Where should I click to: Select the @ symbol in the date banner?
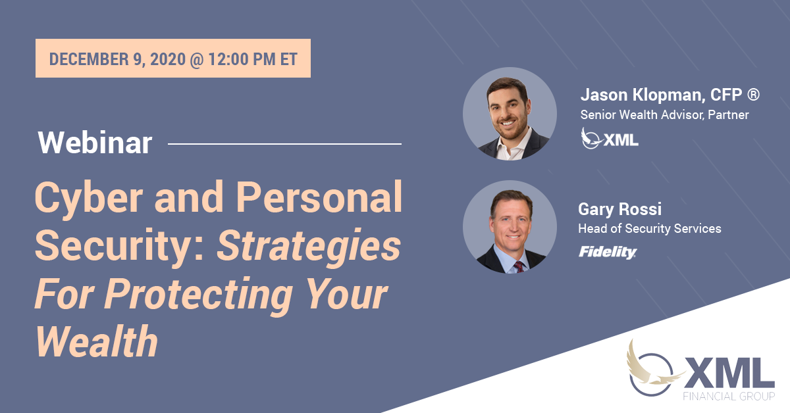[197, 59]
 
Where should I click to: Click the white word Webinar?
[95, 143]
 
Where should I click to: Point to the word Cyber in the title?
[89, 198]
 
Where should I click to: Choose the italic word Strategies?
[309, 247]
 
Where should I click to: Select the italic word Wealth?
[97, 341]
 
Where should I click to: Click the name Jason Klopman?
[643, 95]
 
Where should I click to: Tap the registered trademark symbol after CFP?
[753, 95]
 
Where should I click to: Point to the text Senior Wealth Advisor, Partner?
[664, 115]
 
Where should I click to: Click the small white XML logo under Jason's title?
[610, 139]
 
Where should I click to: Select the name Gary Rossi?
[619, 209]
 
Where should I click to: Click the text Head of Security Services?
[650, 228]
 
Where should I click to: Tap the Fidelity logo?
[607, 252]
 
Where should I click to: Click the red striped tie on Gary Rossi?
[519, 267]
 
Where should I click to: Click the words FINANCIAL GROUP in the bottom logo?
[729, 396]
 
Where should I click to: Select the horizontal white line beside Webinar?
[284, 144]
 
